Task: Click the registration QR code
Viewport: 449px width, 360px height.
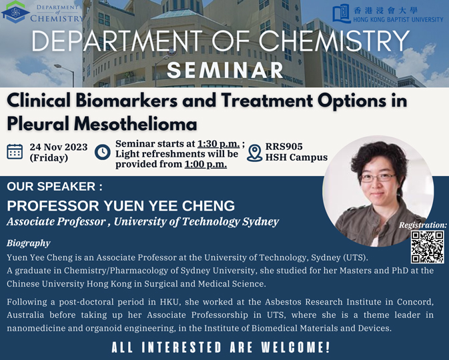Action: click(x=428, y=247)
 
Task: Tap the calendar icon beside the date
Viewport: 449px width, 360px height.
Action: click(x=15, y=151)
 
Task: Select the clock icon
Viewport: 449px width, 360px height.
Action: click(x=103, y=152)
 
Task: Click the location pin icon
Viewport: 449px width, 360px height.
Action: click(x=254, y=153)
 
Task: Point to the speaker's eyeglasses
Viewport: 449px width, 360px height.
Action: click(x=378, y=177)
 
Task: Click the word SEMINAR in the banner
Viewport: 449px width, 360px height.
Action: click(x=225, y=70)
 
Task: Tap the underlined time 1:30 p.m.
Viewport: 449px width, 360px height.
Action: click(x=218, y=143)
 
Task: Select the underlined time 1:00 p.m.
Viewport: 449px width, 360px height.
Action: click(x=205, y=164)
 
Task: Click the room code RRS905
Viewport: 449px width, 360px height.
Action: click(x=284, y=147)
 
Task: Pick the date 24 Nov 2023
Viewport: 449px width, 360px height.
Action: click(x=59, y=147)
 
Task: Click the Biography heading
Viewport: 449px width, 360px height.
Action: click(x=29, y=243)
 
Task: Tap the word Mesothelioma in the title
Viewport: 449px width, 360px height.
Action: click(x=135, y=124)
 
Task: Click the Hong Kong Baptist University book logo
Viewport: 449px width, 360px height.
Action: click(x=342, y=13)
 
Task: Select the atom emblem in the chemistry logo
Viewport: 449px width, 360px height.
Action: click(x=15, y=12)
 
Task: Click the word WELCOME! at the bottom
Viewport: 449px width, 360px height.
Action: click(x=296, y=347)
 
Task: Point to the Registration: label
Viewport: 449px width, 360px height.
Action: click(x=423, y=225)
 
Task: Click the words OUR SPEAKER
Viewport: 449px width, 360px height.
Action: click(x=51, y=187)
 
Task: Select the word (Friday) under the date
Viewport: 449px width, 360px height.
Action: click(x=49, y=158)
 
